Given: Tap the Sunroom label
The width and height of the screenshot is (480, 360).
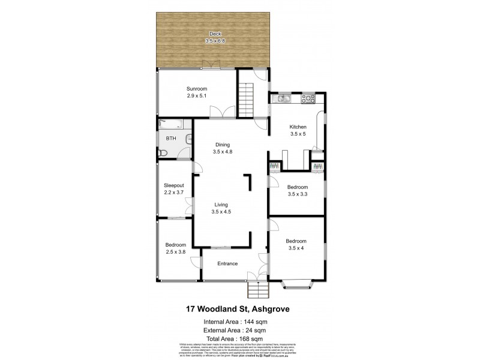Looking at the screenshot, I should coord(196,89).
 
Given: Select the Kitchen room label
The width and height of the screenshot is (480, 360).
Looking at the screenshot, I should coord(298,127).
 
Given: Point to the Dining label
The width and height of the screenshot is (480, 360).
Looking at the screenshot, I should coord(222,145).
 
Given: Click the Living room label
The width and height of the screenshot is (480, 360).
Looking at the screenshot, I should coord(222,205).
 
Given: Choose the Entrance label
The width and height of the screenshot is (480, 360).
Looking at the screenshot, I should coord(227,263).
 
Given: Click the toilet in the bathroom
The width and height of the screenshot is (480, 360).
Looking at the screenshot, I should coord(163,153).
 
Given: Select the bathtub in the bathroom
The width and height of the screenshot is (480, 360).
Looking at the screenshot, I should coord(170,125).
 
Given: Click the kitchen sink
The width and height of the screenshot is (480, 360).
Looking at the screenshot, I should coord(282,98).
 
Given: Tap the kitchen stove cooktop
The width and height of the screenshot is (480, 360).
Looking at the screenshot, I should coord(308,98).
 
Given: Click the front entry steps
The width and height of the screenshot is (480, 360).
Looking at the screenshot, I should coord(257,292).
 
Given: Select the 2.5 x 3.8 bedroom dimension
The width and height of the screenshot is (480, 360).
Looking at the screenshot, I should coord(176,251).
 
